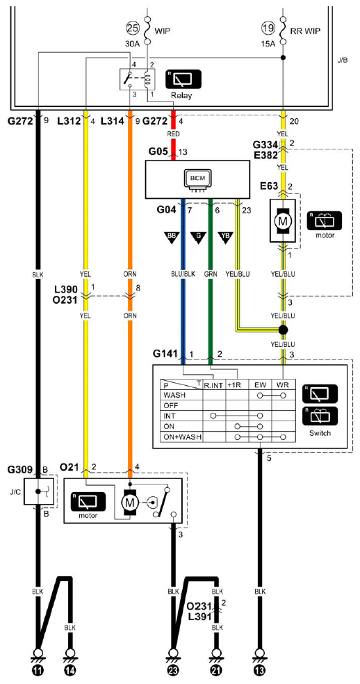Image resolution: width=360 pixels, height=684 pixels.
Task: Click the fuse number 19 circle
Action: [x=268, y=28]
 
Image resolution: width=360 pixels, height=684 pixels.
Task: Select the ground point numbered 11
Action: [x=38, y=668]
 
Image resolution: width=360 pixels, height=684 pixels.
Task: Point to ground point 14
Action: [x=69, y=668]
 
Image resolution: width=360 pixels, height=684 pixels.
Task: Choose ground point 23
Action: [x=173, y=668]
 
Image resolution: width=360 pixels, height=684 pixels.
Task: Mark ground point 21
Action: [x=216, y=668]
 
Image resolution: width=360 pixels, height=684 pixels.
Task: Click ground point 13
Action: [x=260, y=668]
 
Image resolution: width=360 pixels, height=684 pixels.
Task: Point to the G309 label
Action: [x=20, y=471]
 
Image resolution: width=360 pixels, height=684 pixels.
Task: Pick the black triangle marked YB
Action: [x=226, y=238]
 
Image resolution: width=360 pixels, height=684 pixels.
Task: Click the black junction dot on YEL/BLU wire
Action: [x=284, y=329]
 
